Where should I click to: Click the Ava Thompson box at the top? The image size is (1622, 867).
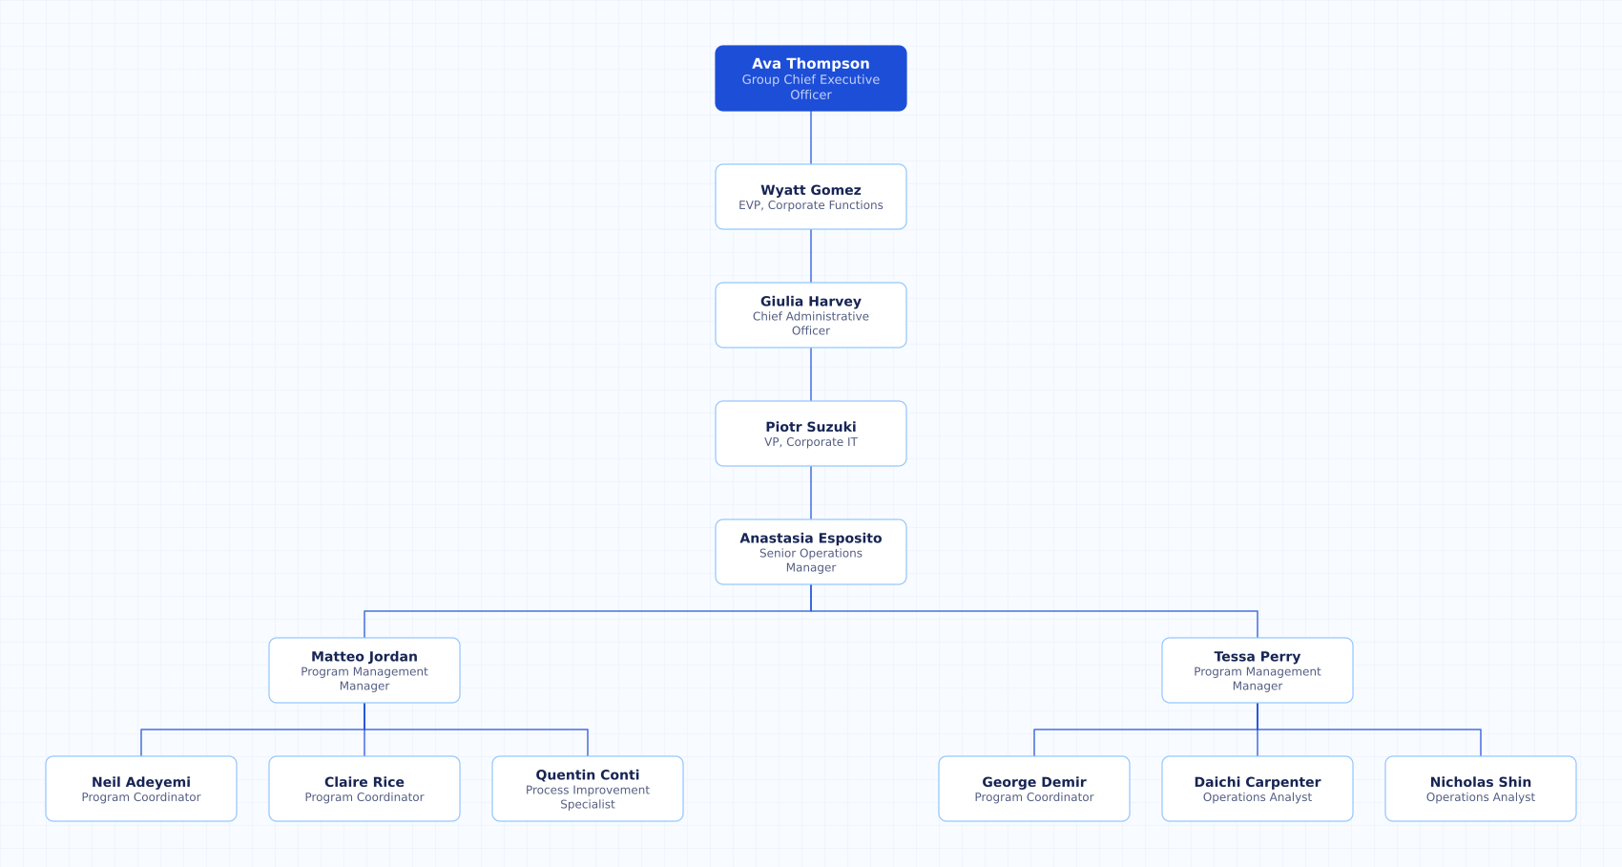pos(810,78)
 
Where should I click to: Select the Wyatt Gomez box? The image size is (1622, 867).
pos(810,197)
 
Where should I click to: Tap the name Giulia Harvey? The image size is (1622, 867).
pos(810,302)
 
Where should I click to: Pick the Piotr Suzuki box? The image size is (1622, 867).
pos(810,433)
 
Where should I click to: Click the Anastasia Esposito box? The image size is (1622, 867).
pos(810,552)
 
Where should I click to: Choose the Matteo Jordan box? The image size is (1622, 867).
pos(364,669)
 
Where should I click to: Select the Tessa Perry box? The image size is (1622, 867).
pos(1258,669)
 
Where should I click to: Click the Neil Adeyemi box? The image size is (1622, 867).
pos(141,789)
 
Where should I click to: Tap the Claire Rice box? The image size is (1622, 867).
pos(364,789)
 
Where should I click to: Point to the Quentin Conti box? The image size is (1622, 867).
pos(587,789)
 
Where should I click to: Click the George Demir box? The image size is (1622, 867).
pos(1034,789)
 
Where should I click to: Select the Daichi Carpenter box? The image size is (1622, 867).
pos(1258,789)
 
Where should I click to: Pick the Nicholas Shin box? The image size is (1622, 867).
pos(1480,789)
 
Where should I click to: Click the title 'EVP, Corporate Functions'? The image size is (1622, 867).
pos(810,205)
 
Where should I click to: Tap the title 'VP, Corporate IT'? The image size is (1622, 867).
pos(810,442)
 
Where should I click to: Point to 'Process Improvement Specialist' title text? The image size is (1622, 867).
pos(587,796)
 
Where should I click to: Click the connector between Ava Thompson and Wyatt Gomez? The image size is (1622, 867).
pos(810,137)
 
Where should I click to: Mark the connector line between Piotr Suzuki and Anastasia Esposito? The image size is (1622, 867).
pos(810,493)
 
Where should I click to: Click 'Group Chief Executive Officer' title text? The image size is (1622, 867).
pos(810,87)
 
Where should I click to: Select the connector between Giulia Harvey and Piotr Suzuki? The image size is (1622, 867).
pos(810,374)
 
